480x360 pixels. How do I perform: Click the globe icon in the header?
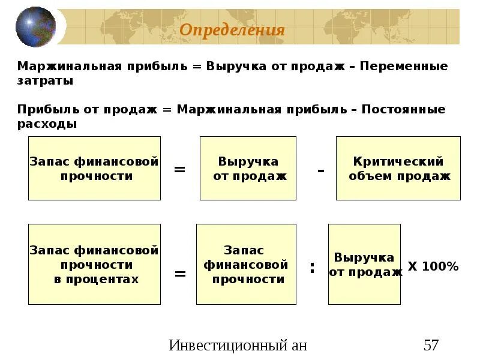(35, 28)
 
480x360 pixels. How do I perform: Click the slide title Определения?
(232, 30)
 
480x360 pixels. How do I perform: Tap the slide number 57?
(431, 345)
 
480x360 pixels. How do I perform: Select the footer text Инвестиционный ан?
(238, 345)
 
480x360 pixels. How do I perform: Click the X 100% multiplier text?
(433, 266)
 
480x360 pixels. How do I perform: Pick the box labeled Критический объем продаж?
(398, 168)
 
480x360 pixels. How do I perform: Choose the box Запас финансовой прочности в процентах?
(94, 264)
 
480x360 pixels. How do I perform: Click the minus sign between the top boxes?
(321, 170)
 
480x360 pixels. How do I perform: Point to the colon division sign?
(312, 268)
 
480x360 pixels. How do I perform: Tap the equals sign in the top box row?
(179, 170)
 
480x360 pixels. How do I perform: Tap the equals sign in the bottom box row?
(179, 274)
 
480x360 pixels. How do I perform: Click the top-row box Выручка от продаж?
(248, 168)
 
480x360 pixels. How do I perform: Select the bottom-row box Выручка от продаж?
(364, 264)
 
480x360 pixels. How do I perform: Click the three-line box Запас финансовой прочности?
(246, 264)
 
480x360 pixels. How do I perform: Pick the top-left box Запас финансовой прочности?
(94, 168)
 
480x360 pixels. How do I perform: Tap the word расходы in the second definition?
(47, 124)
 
